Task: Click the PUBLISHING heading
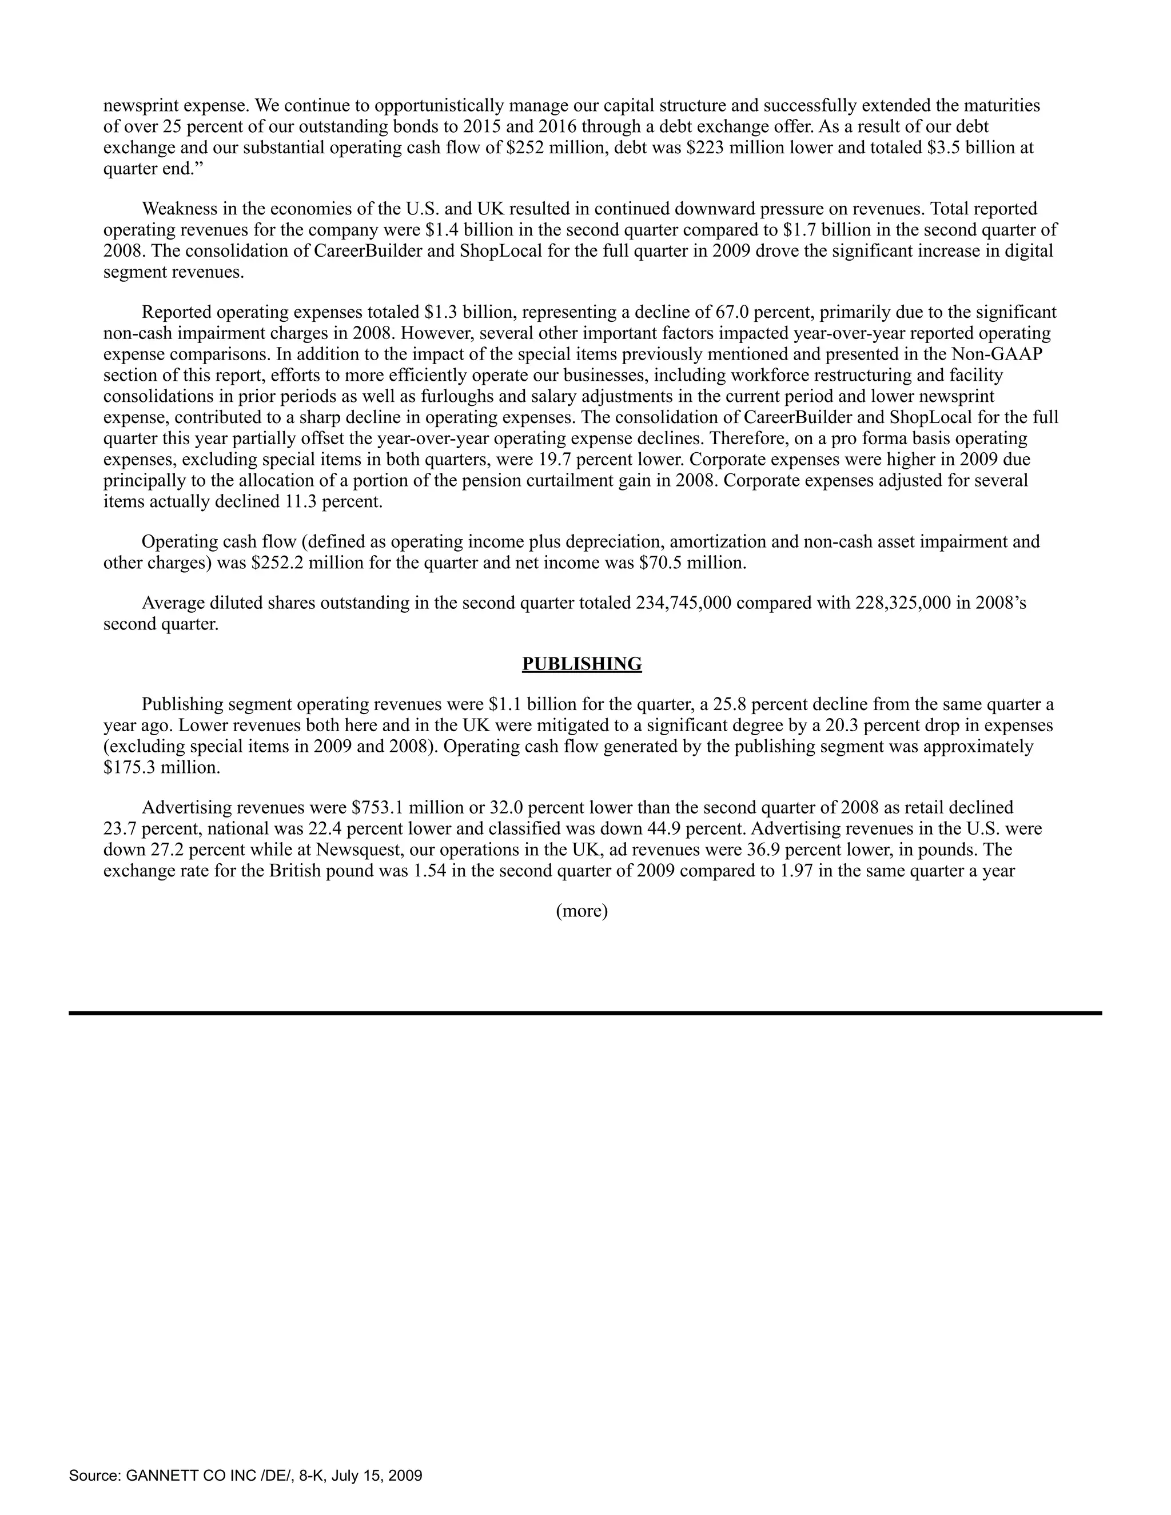(581, 664)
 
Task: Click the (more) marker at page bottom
(581, 911)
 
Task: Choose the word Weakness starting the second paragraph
(180, 209)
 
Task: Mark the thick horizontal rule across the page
(585, 1014)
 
